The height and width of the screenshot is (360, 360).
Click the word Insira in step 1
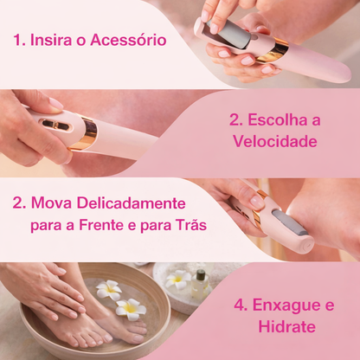pos(53,41)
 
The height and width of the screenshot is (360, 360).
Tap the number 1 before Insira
pos(17,41)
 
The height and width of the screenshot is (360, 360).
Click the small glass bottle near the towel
pos(199,280)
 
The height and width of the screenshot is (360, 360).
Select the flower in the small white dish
pos(177,280)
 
